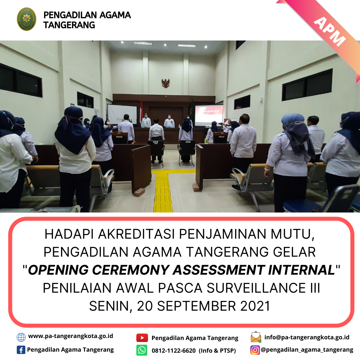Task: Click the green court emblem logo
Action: [x=26, y=19]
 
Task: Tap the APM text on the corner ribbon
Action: [x=330, y=31]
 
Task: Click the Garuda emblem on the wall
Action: [x=165, y=83]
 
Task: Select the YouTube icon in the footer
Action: [x=142, y=338]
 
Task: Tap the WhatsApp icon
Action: [x=142, y=350]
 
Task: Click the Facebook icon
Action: [x=21, y=350]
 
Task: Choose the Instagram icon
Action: [x=255, y=350]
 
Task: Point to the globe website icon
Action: [x=21, y=337]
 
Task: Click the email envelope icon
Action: [x=256, y=337]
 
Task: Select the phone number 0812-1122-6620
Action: [x=174, y=351]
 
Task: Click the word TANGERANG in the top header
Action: [x=69, y=25]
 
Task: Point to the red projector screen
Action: [x=209, y=115]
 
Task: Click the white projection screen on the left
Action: [x=122, y=114]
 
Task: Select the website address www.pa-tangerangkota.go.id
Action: [x=70, y=336]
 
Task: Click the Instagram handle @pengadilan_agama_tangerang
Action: [x=307, y=350]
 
